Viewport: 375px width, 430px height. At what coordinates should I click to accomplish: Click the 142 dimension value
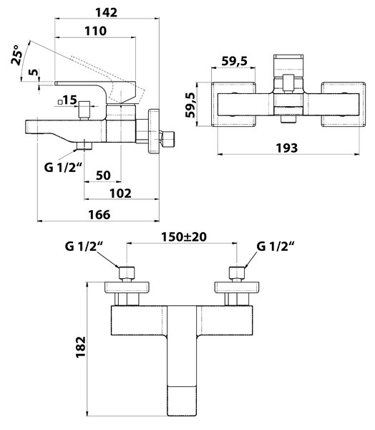[x=107, y=13]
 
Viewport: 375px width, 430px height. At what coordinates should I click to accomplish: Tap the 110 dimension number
[x=95, y=31]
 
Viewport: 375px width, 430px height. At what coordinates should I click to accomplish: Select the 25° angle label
[x=16, y=55]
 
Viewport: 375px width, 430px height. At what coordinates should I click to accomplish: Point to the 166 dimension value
[x=99, y=214]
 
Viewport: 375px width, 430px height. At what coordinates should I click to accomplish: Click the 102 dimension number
[x=120, y=193]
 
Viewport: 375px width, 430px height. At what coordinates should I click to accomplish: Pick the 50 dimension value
[x=103, y=176]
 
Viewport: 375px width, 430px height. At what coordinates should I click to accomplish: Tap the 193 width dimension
[x=286, y=148]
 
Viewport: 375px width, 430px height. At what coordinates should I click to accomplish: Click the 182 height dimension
[x=81, y=347]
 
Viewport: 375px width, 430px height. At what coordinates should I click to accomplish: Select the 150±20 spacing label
[x=183, y=237]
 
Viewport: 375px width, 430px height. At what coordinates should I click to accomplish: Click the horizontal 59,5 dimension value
[x=235, y=61]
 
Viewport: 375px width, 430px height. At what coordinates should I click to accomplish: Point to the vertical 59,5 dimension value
[x=190, y=105]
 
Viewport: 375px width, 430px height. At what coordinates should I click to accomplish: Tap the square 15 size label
[x=67, y=100]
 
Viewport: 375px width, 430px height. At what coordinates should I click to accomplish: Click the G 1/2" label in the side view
[x=63, y=167]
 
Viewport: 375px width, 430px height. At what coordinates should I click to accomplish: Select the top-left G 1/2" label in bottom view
[x=84, y=246]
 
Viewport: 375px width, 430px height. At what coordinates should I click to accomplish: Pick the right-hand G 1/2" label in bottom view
[x=276, y=246]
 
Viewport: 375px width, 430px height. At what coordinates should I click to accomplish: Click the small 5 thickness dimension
[x=34, y=72]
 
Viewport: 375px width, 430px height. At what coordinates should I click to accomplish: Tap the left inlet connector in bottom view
[x=127, y=274]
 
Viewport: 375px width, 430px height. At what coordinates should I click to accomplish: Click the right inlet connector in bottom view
[x=237, y=274]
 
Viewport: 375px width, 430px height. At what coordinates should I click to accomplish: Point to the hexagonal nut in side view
[x=167, y=140]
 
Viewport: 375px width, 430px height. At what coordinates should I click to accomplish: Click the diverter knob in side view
[x=84, y=110]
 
